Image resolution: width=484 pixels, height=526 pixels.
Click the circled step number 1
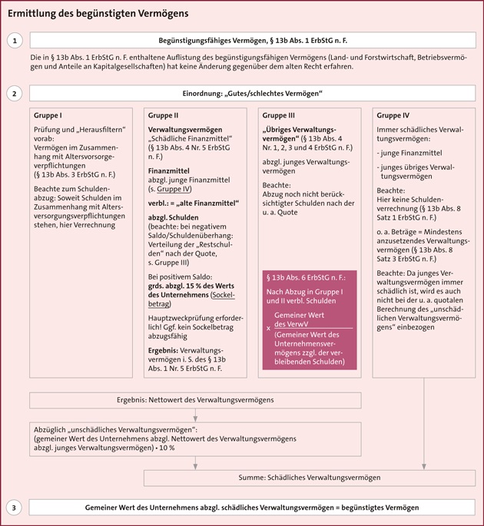coord(15,40)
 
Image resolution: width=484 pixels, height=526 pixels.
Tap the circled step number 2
coord(15,94)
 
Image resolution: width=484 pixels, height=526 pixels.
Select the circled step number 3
coord(15,508)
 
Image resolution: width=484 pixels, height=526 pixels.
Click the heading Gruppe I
coord(48,116)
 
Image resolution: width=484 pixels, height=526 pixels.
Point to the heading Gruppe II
coord(163,116)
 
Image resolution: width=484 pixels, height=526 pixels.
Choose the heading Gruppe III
coord(280,116)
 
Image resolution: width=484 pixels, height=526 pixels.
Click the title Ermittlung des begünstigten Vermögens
coord(98,14)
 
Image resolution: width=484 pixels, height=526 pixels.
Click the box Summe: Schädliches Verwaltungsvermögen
coord(309,478)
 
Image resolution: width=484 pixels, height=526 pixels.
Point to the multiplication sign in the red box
coord(268,328)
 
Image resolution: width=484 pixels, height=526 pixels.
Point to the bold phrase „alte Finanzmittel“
coord(211,203)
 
